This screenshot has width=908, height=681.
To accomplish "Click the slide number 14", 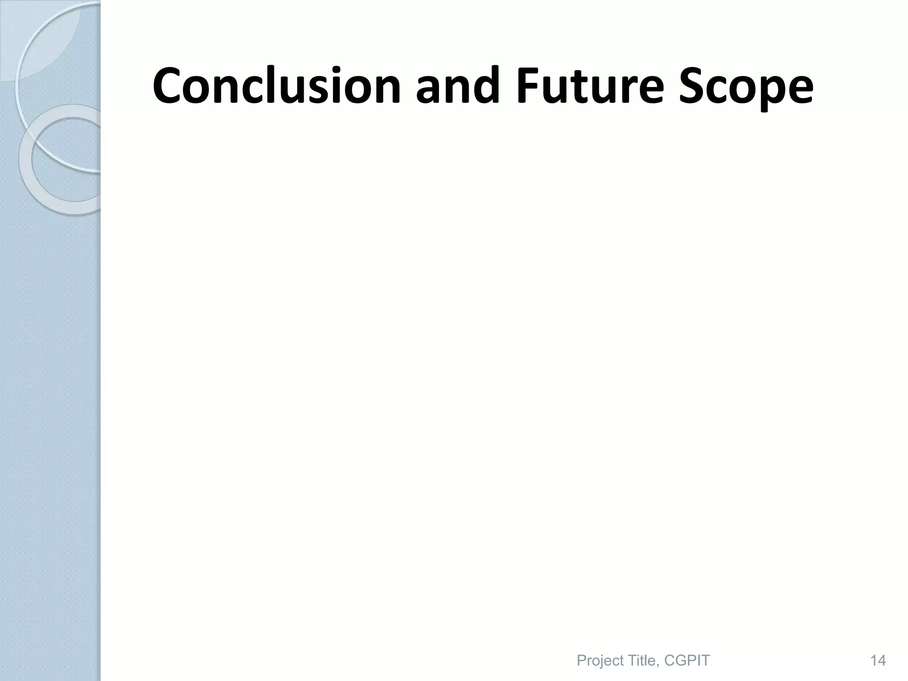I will pyautogui.click(x=878, y=649).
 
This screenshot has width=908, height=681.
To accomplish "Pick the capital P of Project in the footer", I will pyautogui.click(x=581, y=649).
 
